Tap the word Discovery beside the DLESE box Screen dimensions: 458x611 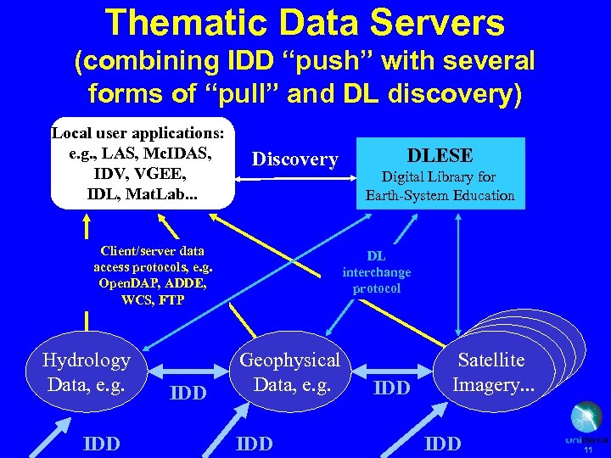[x=294, y=159]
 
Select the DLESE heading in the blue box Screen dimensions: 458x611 [x=440, y=155]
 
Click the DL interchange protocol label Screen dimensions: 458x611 [x=376, y=272]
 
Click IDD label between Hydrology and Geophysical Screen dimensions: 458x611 [x=188, y=393]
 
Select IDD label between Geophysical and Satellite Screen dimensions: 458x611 [x=392, y=388]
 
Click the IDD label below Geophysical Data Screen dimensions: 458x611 [x=255, y=444]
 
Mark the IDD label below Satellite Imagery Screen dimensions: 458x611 [x=443, y=444]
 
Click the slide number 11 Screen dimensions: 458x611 [x=587, y=451]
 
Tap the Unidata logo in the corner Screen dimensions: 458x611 [x=586, y=424]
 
